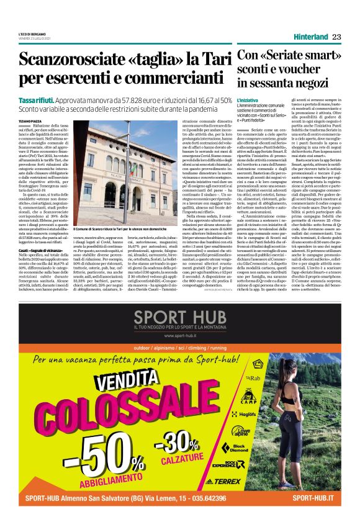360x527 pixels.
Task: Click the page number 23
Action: tap(336, 37)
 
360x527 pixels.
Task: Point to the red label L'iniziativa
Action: tap(247, 100)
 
